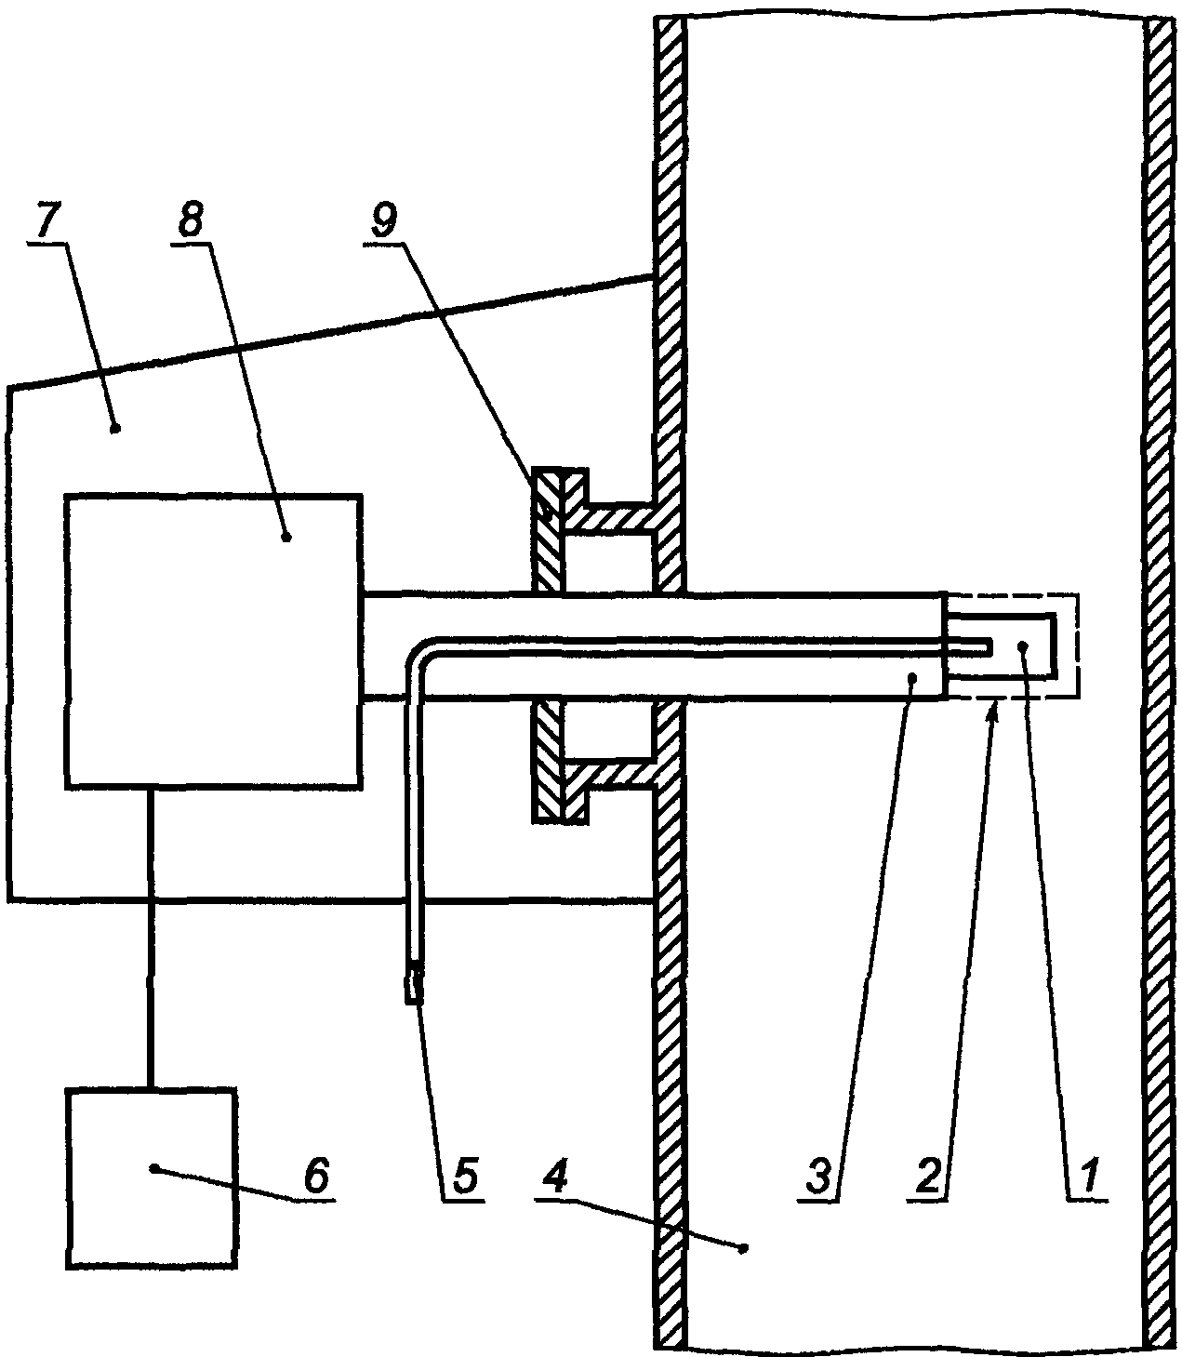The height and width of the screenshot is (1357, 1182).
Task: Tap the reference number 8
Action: tap(191, 220)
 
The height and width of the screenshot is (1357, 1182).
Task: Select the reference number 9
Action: tap(383, 220)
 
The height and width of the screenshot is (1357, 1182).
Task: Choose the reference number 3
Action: tap(818, 1177)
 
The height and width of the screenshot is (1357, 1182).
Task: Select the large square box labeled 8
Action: tap(214, 642)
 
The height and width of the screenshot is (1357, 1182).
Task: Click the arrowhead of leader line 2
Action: tap(994, 711)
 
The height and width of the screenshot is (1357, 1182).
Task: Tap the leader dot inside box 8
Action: tap(286, 538)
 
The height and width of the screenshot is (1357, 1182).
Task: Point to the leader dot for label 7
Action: tap(114, 430)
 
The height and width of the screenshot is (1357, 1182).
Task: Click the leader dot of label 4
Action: tap(743, 1247)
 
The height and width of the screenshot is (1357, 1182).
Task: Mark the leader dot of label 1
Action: tap(1024, 645)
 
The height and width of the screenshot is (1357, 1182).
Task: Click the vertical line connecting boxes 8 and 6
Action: tap(152, 938)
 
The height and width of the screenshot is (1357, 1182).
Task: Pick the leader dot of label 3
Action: tap(912, 677)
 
